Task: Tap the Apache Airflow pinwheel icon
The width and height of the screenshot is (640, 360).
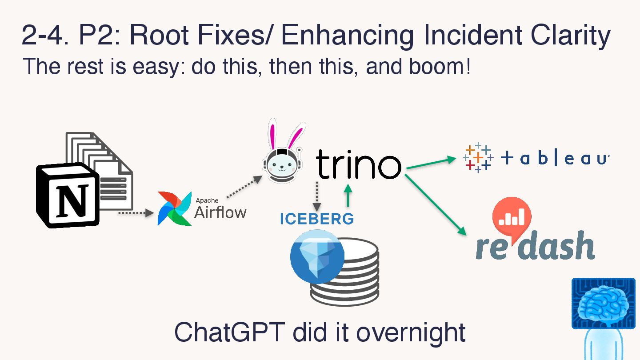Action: (x=174, y=208)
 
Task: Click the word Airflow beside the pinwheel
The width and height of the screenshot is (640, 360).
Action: (x=220, y=212)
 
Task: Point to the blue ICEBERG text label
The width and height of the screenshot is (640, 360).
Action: (x=316, y=219)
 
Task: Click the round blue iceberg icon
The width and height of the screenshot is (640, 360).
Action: (x=317, y=256)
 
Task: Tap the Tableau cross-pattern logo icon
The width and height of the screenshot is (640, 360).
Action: (x=478, y=158)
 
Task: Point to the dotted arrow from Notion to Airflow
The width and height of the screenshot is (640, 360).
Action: (x=136, y=213)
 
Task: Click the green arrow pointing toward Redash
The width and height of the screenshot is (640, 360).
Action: (x=436, y=205)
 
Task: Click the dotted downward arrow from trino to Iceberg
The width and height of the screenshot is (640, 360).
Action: (x=317, y=196)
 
